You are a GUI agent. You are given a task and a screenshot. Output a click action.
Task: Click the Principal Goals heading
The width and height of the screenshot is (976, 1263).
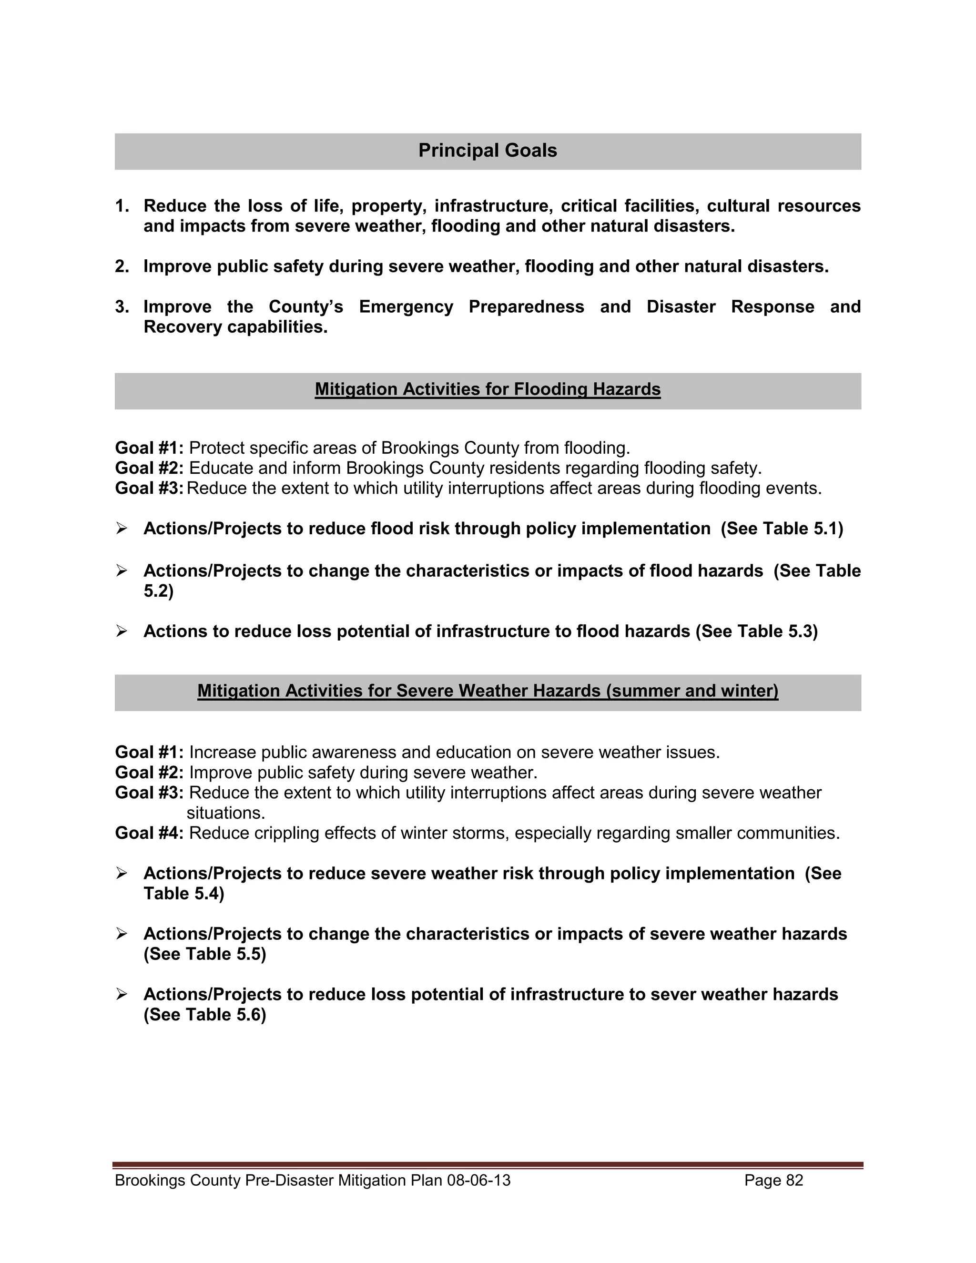click(x=488, y=150)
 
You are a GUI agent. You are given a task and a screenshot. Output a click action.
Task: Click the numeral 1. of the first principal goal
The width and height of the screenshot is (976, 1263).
click(x=122, y=206)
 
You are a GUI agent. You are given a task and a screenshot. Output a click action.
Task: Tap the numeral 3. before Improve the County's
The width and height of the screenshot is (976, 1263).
click(x=122, y=306)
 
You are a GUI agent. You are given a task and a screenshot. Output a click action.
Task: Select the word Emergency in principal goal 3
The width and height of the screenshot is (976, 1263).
click(x=406, y=306)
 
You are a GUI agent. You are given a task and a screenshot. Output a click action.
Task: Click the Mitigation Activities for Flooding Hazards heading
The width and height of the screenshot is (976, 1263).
click(x=488, y=389)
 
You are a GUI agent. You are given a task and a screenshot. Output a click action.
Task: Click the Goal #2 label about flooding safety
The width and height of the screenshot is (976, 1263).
click(x=149, y=468)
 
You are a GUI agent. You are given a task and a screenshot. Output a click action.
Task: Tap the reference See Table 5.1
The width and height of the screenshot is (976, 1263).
click(x=782, y=529)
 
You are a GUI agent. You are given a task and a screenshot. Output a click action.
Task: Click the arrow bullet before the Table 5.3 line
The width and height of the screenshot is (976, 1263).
click(x=122, y=631)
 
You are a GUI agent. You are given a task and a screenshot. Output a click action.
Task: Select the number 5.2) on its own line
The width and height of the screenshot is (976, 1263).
click(x=158, y=591)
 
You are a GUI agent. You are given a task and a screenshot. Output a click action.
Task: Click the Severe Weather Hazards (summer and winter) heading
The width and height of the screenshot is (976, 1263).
click(x=488, y=691)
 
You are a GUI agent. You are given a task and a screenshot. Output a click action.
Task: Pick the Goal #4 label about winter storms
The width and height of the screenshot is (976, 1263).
click(x=149, y=833)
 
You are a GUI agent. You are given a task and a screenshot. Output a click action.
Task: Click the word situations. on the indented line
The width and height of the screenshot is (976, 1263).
click(x=225, y=813)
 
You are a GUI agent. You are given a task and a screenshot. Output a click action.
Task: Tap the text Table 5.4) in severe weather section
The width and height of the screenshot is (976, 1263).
click(x=183, y=894)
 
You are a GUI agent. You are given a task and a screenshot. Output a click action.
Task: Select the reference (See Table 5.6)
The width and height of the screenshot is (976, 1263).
click(x=204, y=1014)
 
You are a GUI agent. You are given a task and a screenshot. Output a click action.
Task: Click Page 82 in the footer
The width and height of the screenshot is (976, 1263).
click(x=773, y=1180)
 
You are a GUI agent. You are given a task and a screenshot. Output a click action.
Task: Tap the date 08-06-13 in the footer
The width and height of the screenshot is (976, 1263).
click(x=479, y=1180)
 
